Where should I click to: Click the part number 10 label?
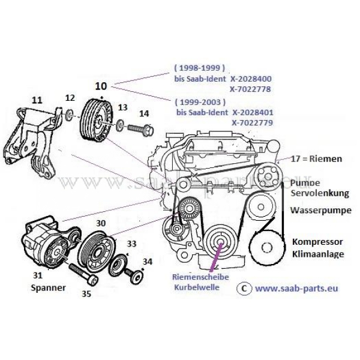[x=100, y=86]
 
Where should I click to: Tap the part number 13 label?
[x=123, y=107]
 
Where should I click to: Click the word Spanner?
[x=47, y=287]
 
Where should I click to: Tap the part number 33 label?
[x=131, y=244]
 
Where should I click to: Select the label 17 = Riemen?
[x=316, y=159]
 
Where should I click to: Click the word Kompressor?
[x=317, y=242]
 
